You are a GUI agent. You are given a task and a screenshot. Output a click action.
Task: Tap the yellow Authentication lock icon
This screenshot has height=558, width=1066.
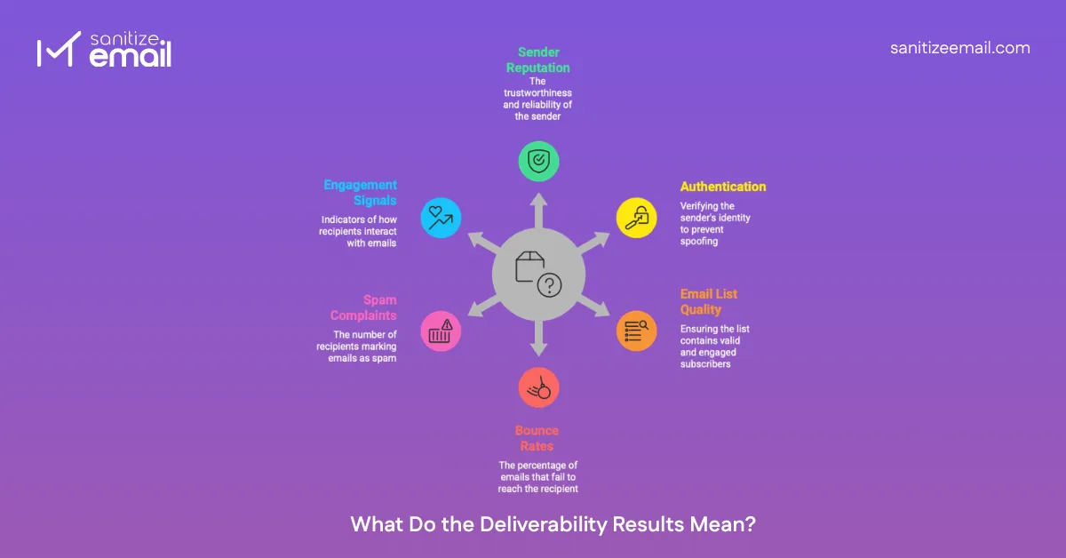[x=637, y=217]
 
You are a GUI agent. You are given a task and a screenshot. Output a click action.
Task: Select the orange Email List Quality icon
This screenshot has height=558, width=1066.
[x=637, y=331]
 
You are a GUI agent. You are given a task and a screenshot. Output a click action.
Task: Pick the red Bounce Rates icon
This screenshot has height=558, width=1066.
[x=538, y=387]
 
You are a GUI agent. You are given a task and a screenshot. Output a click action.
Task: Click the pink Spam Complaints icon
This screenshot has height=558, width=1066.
[x=440, y=331]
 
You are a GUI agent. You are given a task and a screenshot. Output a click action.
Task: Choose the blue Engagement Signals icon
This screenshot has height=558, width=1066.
[x=440, y=217]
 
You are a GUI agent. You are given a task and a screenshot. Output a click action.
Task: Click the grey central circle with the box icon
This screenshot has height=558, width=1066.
[x=538, y=274]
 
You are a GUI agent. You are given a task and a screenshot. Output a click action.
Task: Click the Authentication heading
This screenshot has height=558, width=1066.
[x=723, y=187]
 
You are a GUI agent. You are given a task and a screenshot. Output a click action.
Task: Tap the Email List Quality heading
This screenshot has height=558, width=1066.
[x=709, y=301]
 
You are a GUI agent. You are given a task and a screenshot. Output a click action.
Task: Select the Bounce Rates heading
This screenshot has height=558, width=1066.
[x=537, y=438]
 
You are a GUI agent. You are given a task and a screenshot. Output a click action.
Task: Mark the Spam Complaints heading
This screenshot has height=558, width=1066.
[x=363, y=307]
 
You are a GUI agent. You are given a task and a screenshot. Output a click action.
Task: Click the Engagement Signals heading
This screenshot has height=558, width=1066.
[x=360, y=193]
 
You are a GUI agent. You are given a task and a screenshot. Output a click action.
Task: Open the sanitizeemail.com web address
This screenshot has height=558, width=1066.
[x=959, y=48]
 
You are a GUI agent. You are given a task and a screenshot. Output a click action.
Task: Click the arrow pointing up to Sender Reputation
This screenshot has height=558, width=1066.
[x=538, y=206]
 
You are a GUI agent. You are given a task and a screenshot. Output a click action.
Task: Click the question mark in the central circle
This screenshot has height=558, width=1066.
[x=550, y=285]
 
